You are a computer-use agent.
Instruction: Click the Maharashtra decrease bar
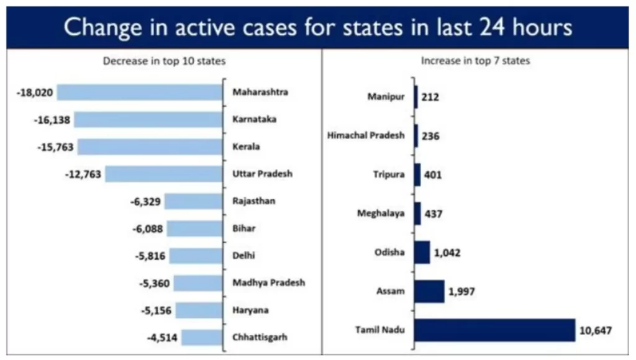[140, 92]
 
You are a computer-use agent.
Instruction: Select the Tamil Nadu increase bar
[494, 330]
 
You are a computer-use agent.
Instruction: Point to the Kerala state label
[246, 147]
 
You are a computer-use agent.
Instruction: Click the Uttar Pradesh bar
[164, 174]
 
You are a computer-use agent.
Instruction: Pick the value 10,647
[595, 330]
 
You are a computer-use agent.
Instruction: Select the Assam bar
[429, 291]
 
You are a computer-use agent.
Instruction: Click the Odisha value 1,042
[447, 253]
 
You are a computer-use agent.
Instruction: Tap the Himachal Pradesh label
[366, 135]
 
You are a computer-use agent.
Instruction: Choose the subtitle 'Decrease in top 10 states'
[164, 61]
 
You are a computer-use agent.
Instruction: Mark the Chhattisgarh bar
[204, 338]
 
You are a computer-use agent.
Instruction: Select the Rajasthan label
[253, 201]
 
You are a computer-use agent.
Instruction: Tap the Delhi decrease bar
[196, 256]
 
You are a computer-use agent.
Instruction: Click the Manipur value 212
[430, 97]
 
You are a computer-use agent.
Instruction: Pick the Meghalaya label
[381, 214]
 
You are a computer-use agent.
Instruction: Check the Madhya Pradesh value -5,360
[155, 283]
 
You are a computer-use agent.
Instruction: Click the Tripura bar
[417, 174]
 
